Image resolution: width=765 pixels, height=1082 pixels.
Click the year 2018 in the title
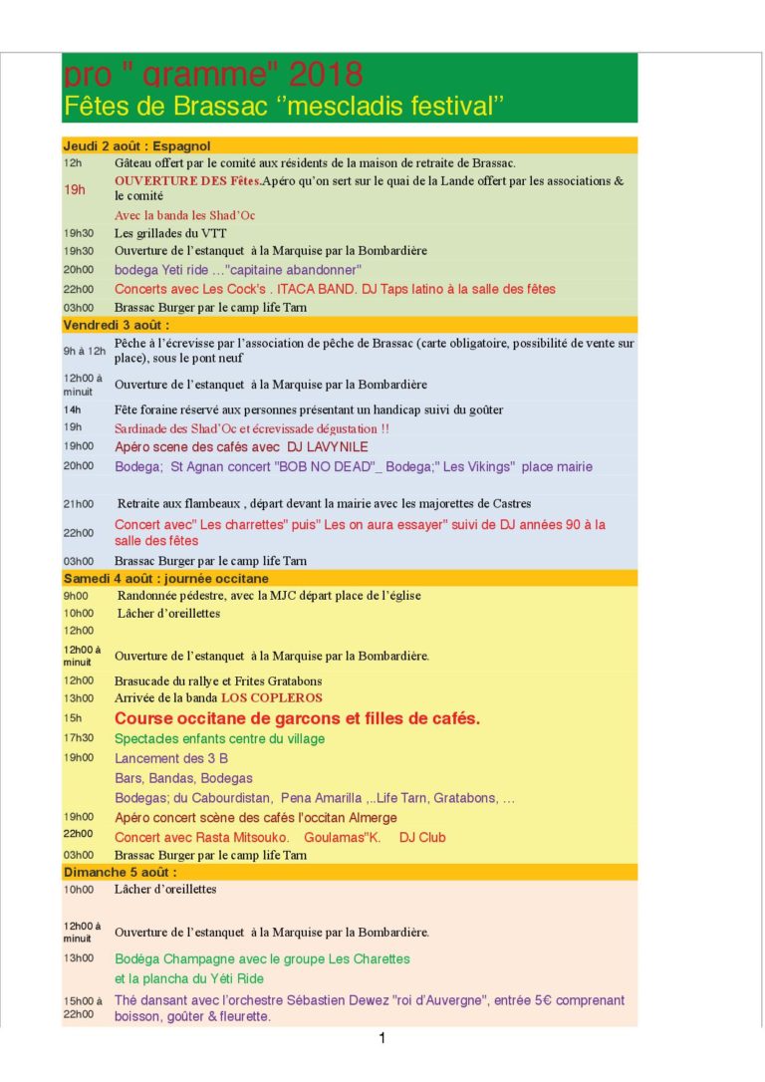326,75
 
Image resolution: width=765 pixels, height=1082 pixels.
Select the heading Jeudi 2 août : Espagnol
136,145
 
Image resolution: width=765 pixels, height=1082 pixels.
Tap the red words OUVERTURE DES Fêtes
187,181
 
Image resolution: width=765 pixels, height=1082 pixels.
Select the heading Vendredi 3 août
117,325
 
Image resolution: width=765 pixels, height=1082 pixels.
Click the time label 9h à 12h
85,350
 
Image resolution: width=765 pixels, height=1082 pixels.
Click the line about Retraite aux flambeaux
324,503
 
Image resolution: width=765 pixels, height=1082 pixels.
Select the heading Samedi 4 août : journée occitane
165,578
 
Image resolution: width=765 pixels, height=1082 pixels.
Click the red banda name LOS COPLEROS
272,697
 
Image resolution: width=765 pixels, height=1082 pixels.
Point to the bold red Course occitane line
297,717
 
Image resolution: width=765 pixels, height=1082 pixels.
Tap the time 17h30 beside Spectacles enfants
79,738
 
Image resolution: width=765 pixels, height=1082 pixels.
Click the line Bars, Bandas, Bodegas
183,778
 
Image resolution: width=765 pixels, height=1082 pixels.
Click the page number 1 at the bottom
382,1039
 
